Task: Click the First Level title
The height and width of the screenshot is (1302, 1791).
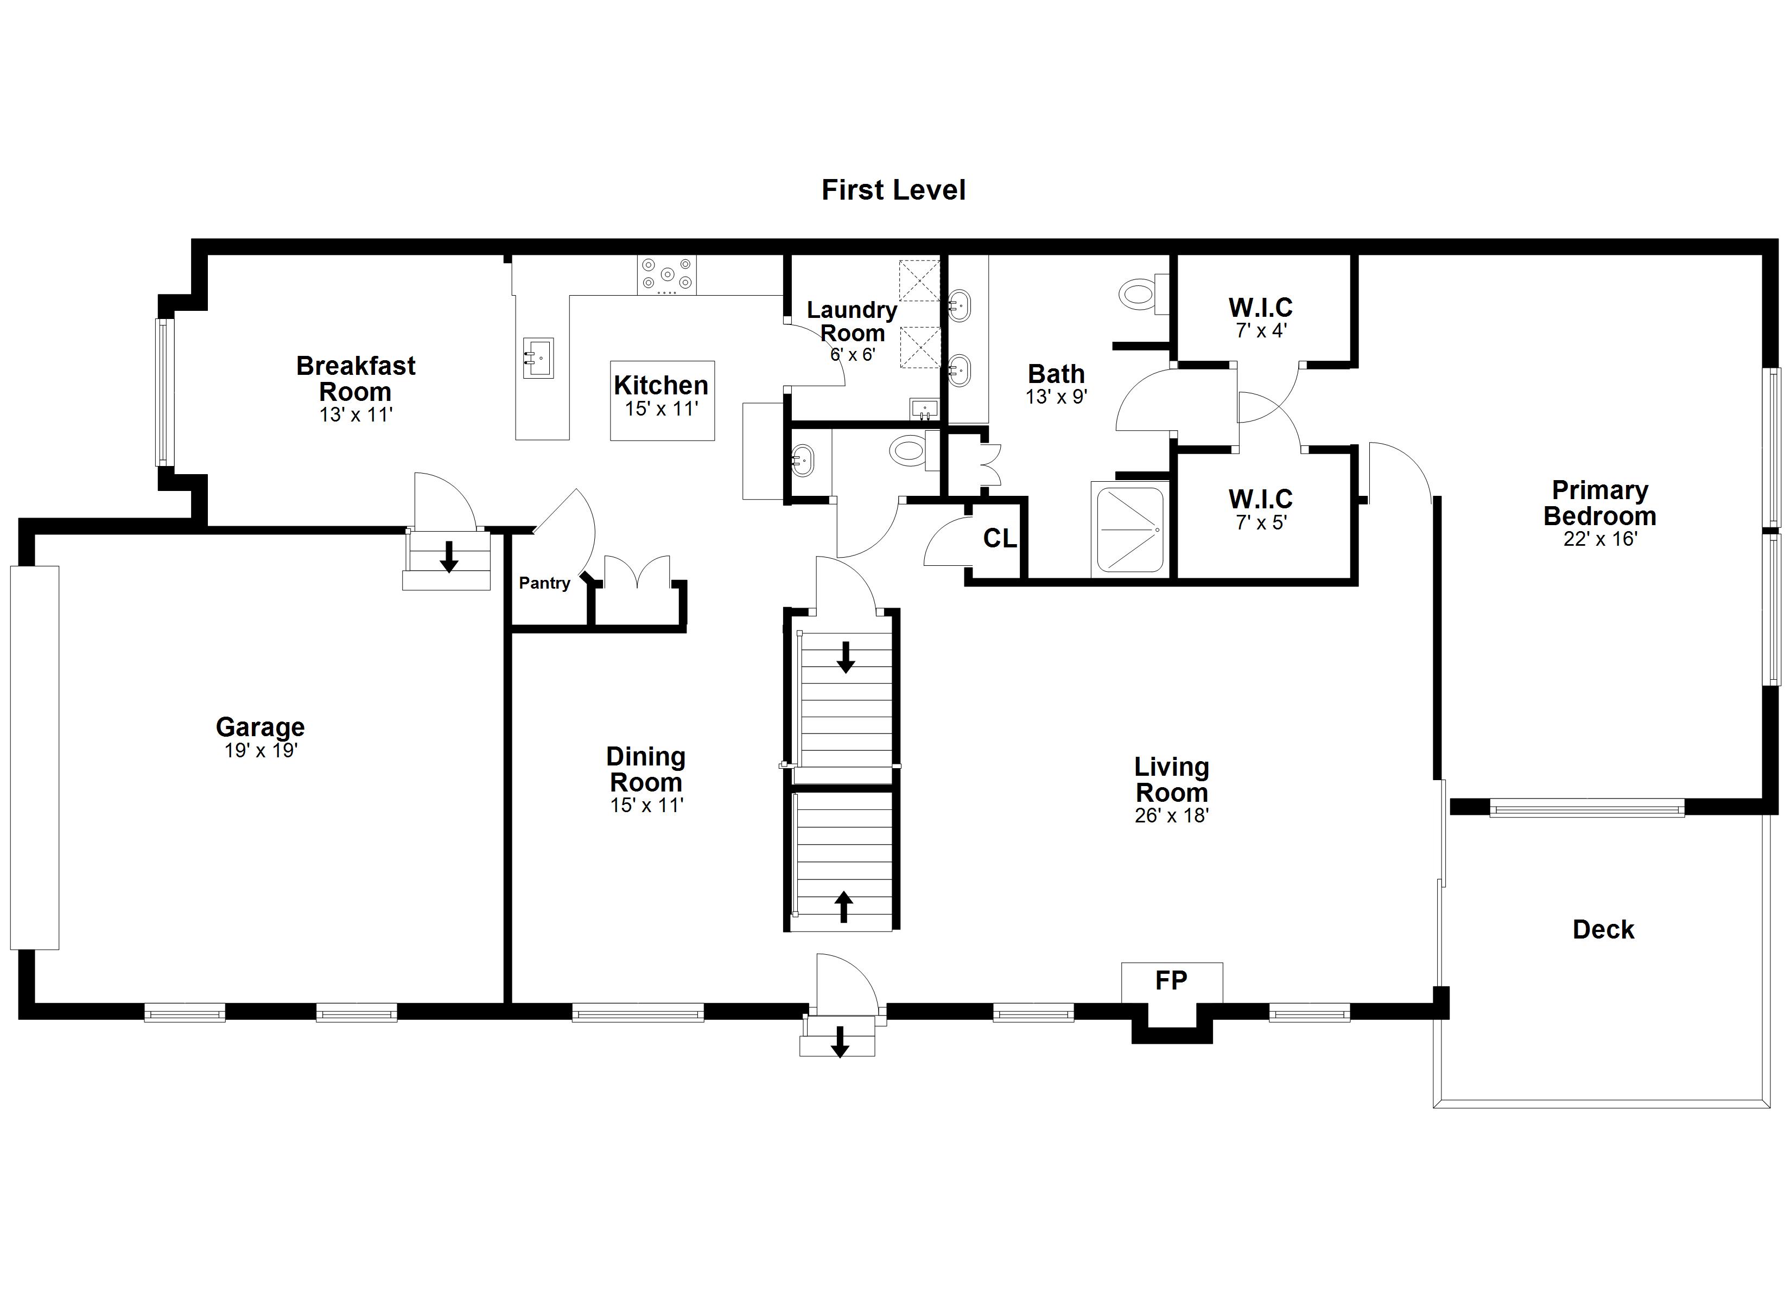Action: pos(893,190)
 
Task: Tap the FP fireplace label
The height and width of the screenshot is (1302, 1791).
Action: pos(1171,981)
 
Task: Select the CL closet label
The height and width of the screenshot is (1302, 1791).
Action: pos(1000,539)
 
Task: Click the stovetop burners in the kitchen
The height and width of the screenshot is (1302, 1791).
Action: pos(667,275)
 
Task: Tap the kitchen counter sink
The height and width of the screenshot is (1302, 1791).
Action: pos(538,359)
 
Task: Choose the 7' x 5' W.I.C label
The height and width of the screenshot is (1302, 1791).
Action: pos(1260,510)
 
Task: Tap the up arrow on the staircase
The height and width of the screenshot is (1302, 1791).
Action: pos(843,907)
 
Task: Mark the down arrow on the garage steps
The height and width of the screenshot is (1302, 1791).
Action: pos(449,557)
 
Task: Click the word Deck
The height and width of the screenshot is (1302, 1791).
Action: pos(1603,929)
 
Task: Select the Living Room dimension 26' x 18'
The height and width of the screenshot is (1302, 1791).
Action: pos(1172,815)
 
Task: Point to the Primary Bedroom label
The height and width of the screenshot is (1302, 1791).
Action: pos(1600,503)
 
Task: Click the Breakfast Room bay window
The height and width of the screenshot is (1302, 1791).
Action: pos(163,392)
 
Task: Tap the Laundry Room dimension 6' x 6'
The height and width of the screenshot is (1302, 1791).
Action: pos(852,354)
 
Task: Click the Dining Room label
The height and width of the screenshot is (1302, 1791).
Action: pos(646,769)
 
